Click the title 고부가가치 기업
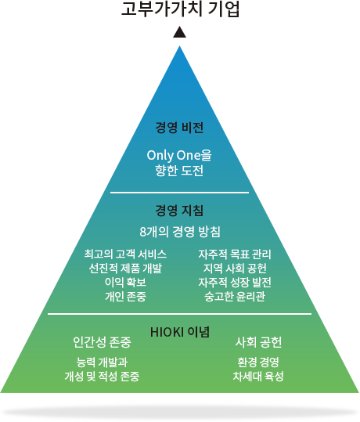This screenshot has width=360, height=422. pyautogui.click(x=180, y=9)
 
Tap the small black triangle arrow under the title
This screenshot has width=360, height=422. pyautogui.click(x=179, y=32)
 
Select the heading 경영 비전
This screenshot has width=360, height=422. pyautogui.click(x=179, y=128)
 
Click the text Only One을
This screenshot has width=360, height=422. pyautogui.click(x=179, y=155)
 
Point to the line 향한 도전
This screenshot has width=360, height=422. pyautogui.click(x=179, y=171)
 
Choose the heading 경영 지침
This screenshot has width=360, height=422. pyautogui.click(x=179, y=210)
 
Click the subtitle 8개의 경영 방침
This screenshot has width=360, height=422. pyautogui.click(x=180, y=232)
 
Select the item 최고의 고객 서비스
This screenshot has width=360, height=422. pyautogui.click(x=125, y=254)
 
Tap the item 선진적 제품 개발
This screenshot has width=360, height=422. pyautogui.click(x=125, y=268)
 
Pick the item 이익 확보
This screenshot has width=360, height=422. pyautogui.click(x=125, y=282)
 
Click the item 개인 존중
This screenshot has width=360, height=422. pyautogui.click(x=125, y=296)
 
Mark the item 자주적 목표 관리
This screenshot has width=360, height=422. pyautogui.click(x=235, y=254)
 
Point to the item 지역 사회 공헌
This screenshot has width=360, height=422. pyautogui.click(x=235, y=268)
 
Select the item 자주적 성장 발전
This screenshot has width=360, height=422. pyautogui.click(x=235, y=282)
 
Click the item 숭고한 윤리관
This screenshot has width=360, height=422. pyautogui.click(x=235, y=296)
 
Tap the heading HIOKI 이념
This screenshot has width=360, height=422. pyautogui.click(x=180, y=332)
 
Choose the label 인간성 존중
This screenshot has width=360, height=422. pyautogui.click(x=102, y=342)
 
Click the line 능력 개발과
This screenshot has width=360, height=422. pyautogui.click(x=102, y=362)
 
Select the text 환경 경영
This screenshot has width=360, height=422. pyautogui.click(x=258, y=362)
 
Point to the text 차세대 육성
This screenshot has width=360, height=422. pyautogui.click(x=258, y=377)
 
